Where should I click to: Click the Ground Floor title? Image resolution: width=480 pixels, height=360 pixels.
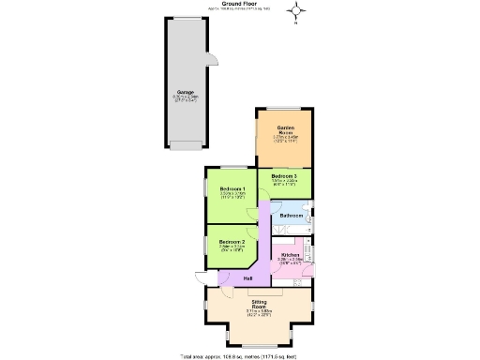(x=239, y=4)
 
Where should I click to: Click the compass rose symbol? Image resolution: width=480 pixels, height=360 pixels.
(x=298, y=11)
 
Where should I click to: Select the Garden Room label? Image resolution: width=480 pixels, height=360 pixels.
(x=285, y=129)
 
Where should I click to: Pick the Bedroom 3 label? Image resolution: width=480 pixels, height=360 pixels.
(x=284, y=176)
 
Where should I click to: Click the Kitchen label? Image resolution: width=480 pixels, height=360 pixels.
(x=290, y=255)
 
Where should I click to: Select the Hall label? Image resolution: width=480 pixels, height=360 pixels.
(x=247, y=278)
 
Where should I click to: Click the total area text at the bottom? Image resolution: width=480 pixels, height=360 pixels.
(x=239, y=356)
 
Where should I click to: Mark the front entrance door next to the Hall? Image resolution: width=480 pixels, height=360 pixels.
(x=225, y=277)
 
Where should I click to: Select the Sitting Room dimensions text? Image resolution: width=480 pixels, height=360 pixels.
(x=259, y=313)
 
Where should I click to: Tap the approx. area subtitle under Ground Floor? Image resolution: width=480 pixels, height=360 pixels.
(x=239, y=9)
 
